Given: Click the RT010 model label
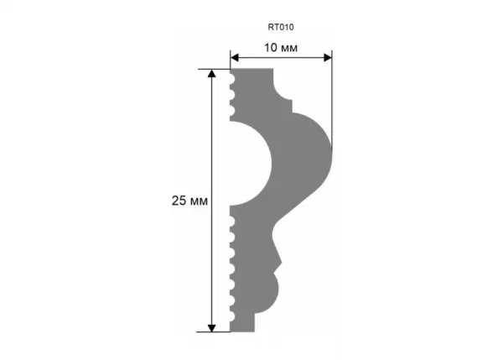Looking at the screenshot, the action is coord(281,28).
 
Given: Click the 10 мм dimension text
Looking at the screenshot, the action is coord(281,48).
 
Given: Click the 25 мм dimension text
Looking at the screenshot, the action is coord(189,201).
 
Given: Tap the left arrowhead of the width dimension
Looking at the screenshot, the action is coord(235,58).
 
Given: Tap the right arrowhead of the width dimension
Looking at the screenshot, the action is coord(328,58).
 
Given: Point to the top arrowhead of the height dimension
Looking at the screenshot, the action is coord(212,74).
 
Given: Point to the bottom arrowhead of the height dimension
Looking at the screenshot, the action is coord(212,327).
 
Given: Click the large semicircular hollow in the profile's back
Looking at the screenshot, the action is coord(251,164).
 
